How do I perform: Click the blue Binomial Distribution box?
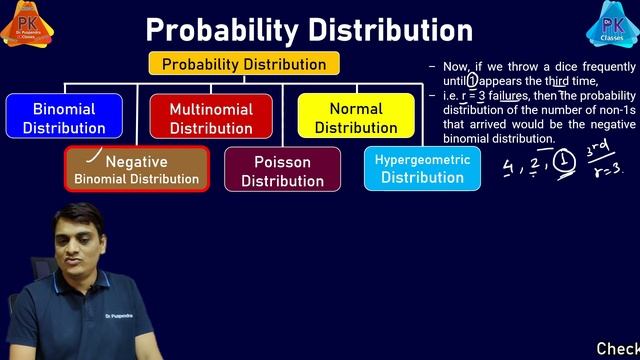point(64,117)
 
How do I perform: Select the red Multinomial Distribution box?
point(211,117)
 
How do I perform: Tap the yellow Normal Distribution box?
point(356,117)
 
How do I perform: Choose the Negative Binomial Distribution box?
point(137,170)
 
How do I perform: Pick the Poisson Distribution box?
point(282,170)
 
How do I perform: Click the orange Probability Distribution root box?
point(244,64)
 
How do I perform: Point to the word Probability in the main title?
point(214,29)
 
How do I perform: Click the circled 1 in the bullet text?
point(473,81)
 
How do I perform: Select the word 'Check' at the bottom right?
point(617,349)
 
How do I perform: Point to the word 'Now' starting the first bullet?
point(457,67)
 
